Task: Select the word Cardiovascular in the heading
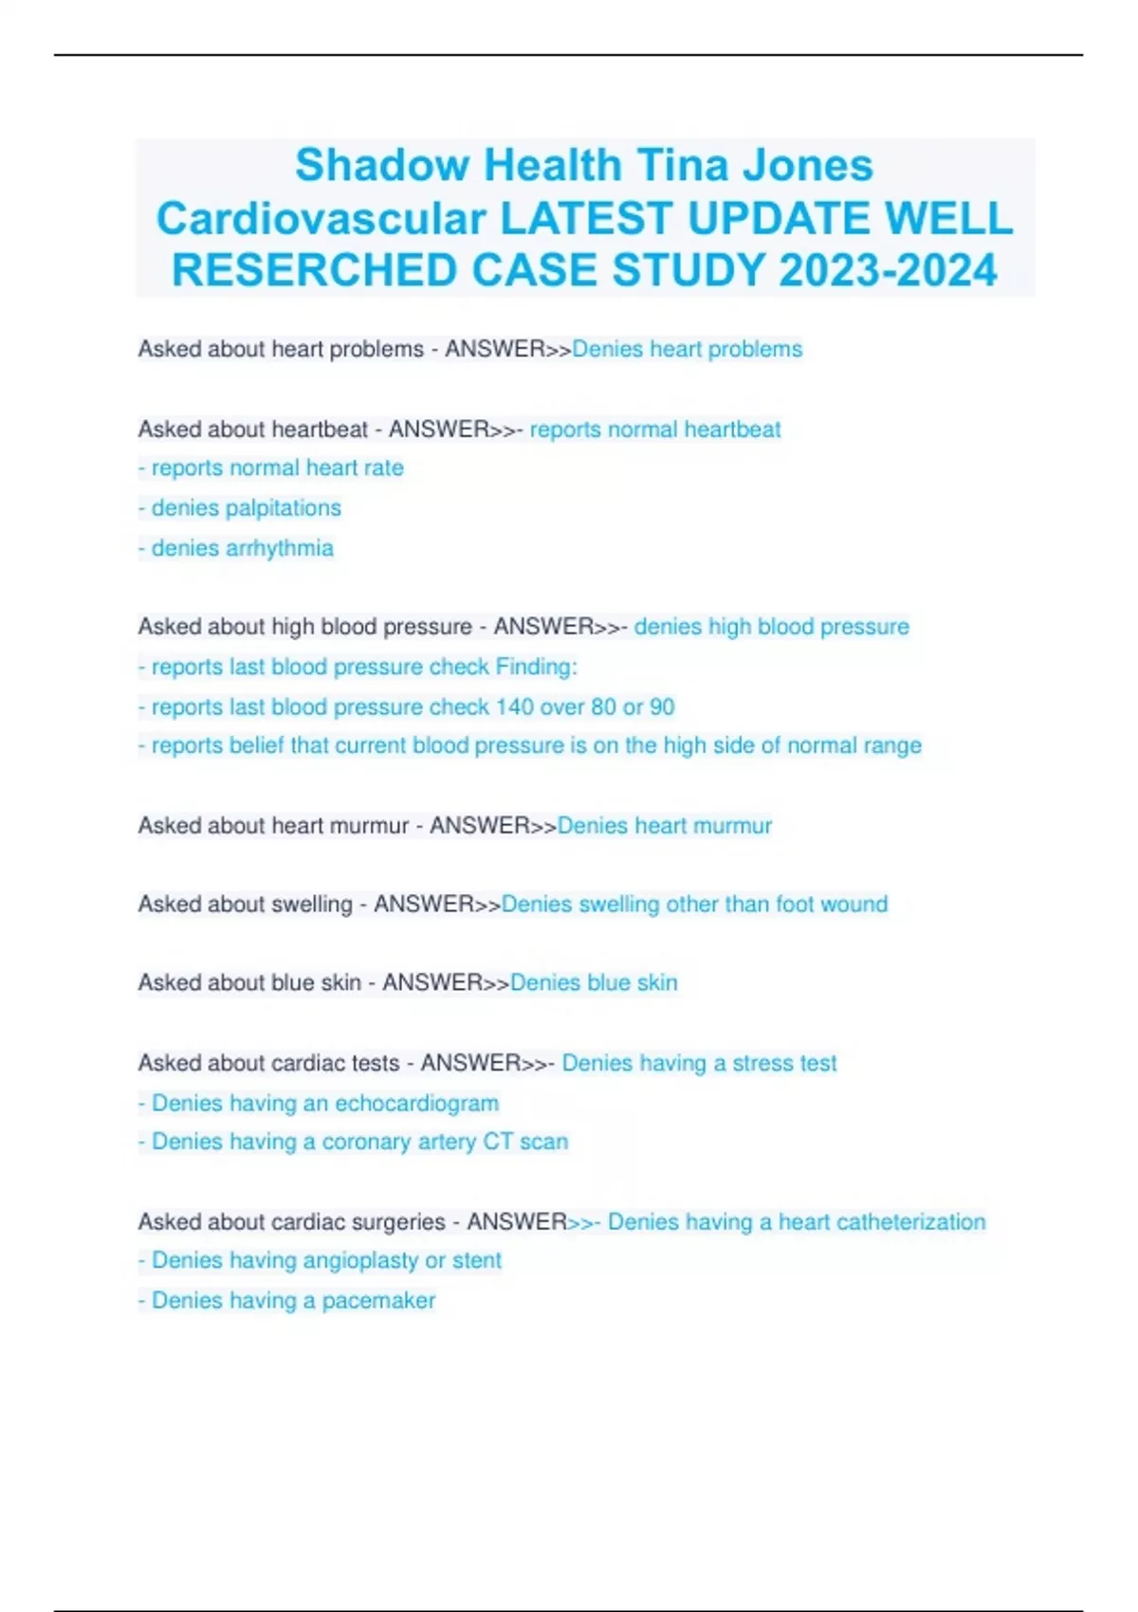pyautogui.click(x=321, y=219)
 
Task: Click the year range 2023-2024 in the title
pyautogui.click(x=888, y=270)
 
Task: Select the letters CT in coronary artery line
pyautogui.click(x=497, y=1142)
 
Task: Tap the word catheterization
pyautogui.click(x=910, y=1222)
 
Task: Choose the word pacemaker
pyautogui.click(x=378, y=1301)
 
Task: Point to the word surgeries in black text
pyautogui.click(x=398, y=1222)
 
